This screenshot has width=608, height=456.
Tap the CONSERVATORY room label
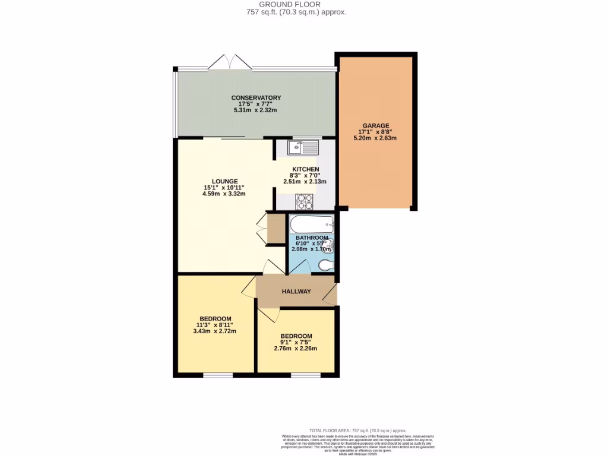[x=256, y=98]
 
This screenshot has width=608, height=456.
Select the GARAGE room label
[x=376, y=126]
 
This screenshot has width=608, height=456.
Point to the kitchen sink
[x=303, y=147]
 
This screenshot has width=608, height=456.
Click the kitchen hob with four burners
[x=305, y=202]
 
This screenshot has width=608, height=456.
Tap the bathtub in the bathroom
[x=312, y=224]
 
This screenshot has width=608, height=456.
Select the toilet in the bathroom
[x=326, y=265]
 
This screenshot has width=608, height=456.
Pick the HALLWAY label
[x=296, y=292]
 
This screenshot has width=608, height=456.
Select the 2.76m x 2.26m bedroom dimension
[x=295, y=348]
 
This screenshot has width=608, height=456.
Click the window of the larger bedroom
[x=218, y=375]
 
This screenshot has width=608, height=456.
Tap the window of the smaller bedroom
[x=305, y=375]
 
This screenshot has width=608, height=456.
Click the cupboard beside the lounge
[x=276, y=229]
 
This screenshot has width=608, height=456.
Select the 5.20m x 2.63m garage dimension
[x=375, y=138]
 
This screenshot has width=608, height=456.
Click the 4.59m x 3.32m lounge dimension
[x=224, y=194]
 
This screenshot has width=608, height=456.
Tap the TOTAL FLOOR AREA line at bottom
[x=357, y=430]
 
